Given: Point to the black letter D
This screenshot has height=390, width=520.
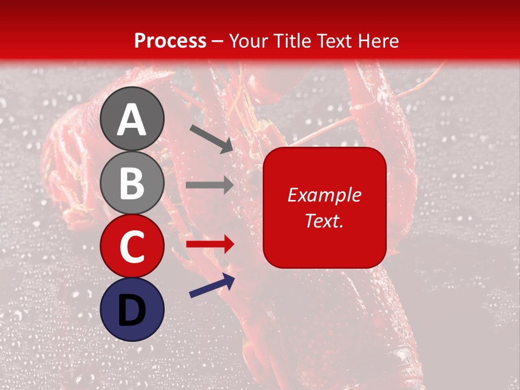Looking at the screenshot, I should (132, 310).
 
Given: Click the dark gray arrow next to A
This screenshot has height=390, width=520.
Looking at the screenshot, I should (211, 138).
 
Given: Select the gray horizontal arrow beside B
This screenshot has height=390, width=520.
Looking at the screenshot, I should (210, 185).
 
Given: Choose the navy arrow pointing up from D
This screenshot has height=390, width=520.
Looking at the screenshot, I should (212, 285).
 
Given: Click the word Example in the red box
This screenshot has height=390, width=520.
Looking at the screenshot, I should (324, 195).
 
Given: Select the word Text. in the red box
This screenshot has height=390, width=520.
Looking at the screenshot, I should (324, 220).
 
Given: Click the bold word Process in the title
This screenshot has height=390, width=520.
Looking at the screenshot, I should (170, 41).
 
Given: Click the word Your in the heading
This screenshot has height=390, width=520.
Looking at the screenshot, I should (249, 41).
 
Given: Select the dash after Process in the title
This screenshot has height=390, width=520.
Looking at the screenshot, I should (217, 42).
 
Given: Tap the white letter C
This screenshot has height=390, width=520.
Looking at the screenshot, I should (132, 246).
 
